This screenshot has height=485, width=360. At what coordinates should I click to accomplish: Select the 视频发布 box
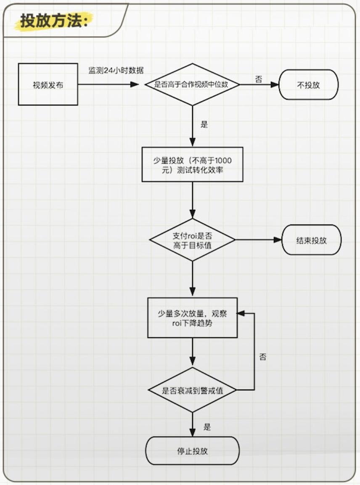[x=48, y=84]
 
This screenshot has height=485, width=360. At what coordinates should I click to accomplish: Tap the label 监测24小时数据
[x=116, y=70]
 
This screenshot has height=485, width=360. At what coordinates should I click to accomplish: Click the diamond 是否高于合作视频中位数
[x=192, y=84]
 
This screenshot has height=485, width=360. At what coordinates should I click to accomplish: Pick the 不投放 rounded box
[x=308, y=84]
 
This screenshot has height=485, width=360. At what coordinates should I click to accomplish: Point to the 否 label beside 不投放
[x=258, y=79]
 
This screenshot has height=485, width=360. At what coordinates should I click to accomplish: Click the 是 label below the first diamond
[x=204, y=124]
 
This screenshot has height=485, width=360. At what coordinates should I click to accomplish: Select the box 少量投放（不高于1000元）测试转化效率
[x=192, y=164]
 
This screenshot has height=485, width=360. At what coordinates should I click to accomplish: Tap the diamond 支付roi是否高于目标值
[x=192, y=240]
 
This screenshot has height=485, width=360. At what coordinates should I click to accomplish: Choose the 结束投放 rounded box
[x=311, y=240]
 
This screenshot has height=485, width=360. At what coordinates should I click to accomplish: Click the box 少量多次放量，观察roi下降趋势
[x=192, y=318]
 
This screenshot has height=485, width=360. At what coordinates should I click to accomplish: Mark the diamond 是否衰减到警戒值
[x=192, y=390]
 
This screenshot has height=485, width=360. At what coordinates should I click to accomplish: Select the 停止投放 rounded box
[x=192, y=451]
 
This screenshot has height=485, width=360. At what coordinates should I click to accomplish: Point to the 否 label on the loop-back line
[x=262, y=357]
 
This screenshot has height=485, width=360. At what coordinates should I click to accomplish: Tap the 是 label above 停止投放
[x=207, y=427]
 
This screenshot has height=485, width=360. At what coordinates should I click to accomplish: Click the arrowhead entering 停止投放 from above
[x=192, y=432]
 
